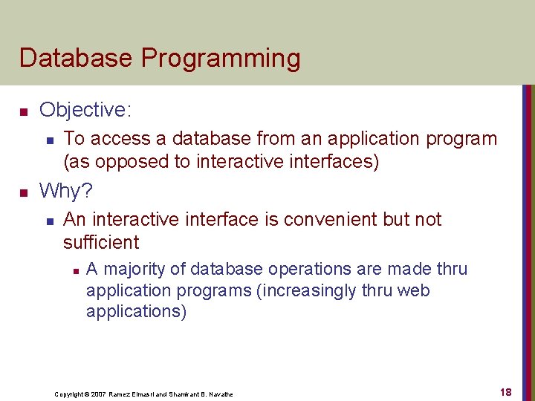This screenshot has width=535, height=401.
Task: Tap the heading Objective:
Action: pos(85,111)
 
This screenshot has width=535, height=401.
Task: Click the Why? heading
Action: pos(66,192)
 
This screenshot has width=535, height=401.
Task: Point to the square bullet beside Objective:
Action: pos(23,112)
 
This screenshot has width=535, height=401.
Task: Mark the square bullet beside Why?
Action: pos(23,193)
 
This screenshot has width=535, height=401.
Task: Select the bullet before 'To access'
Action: pos(48,140)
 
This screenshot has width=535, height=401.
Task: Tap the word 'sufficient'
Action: pos(101,242)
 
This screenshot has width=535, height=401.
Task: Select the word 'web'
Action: pos(414,290)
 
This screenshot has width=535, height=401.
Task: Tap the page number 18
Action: pos(505,392)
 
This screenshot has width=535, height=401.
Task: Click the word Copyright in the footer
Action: pos(68,394)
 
